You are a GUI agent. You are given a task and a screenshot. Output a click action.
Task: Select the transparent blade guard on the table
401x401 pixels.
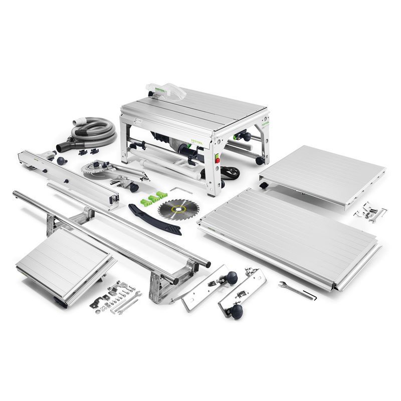159,90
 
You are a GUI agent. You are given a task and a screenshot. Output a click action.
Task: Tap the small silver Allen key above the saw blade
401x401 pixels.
177,189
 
